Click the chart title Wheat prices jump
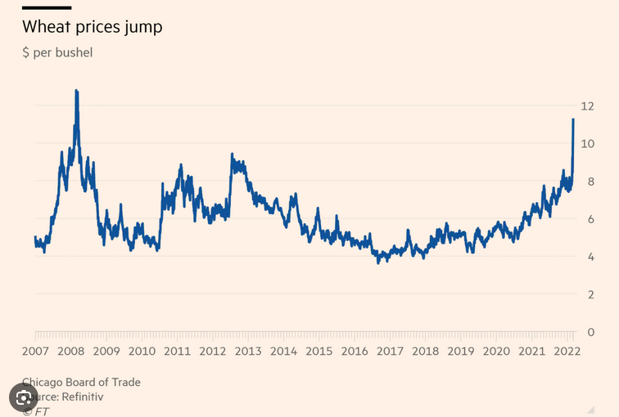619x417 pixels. (92, 27)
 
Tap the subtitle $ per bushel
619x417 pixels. (57, 53)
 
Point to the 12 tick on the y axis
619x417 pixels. (587, 105)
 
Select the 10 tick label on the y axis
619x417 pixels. (587, 143)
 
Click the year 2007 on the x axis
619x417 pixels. (35, 351)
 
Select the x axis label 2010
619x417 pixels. (142, 351)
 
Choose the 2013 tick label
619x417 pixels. (248, 351)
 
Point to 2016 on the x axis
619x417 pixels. (355, 351)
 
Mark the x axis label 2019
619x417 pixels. (461, 351)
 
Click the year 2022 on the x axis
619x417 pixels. (567, 351)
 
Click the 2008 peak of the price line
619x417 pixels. (76, 91)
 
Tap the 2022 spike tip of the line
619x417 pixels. (573, 119)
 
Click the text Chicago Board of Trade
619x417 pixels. (82, 382)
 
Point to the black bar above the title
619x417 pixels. (46, 7)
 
